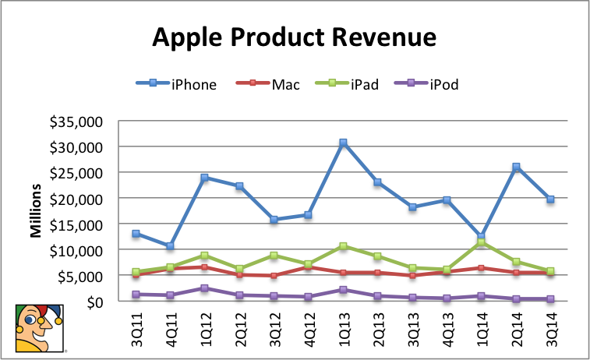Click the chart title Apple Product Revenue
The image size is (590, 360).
[294, 37]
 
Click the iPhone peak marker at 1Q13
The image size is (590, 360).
[342, 143]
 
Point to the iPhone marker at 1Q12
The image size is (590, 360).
[205, 178]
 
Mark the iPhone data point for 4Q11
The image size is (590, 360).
[171, 246]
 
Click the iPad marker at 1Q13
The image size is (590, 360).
[342, 246]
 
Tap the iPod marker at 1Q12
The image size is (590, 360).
[205, 288]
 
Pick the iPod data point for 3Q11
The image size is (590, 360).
[136, 295]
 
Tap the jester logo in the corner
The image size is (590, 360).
[39, 328]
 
